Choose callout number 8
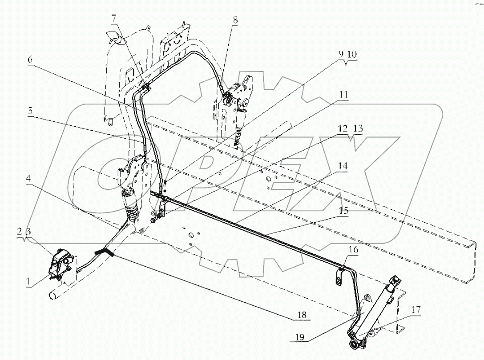pyautogui.click(x=234, y=20)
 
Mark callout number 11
pyautogui.click(x=344, y=95)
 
